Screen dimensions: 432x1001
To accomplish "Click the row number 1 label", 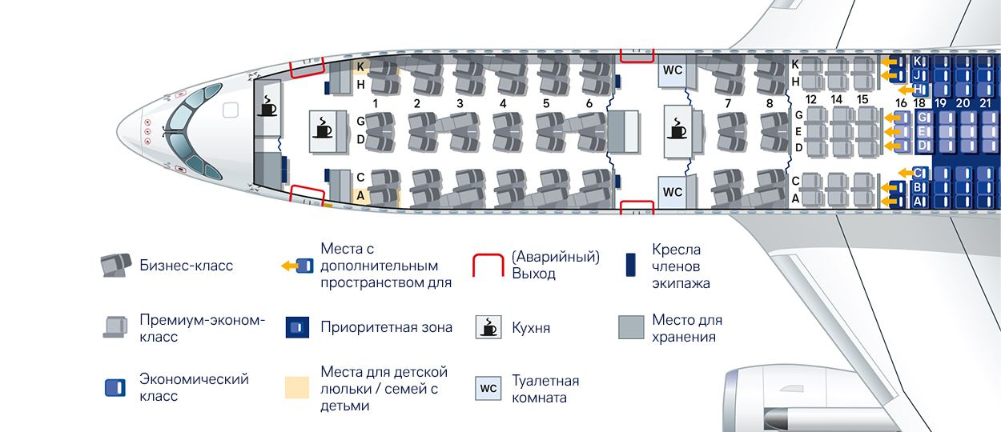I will tap(375, 103).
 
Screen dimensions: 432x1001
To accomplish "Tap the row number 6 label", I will tap(589, 103).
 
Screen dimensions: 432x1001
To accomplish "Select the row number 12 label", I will tap(811, 99).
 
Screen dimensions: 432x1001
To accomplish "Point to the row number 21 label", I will tap(986, 103).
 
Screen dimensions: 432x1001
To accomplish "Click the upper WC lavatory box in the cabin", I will tap(673, 70).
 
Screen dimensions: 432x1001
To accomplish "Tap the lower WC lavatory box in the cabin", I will tap(673, 192).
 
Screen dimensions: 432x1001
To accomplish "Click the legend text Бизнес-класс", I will tap(186, 266).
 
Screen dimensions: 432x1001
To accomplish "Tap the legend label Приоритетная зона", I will tap(386, 327).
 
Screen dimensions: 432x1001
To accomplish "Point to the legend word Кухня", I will tap(531, 328).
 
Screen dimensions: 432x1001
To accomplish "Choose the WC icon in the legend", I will tap(488, 389).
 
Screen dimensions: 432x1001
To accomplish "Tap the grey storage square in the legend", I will tap(631, 327).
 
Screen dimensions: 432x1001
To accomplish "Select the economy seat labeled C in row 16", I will tap(919, 172).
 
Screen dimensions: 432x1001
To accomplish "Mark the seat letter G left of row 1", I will tap(360, 121).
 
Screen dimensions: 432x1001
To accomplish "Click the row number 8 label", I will tap(770, 103).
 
